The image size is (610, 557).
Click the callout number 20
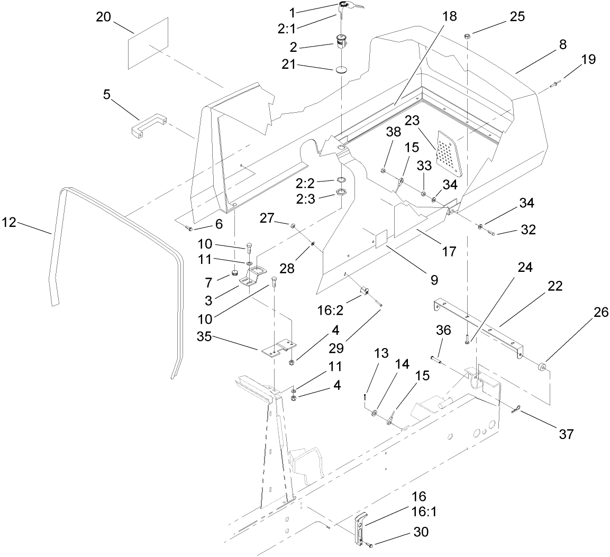(x=104, y=17)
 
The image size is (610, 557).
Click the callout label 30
(x=422, y=532)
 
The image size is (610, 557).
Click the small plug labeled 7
(x=233, y=273)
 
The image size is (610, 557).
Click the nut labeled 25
(x=468, y=36)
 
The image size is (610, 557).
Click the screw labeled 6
(x=190, y=228)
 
